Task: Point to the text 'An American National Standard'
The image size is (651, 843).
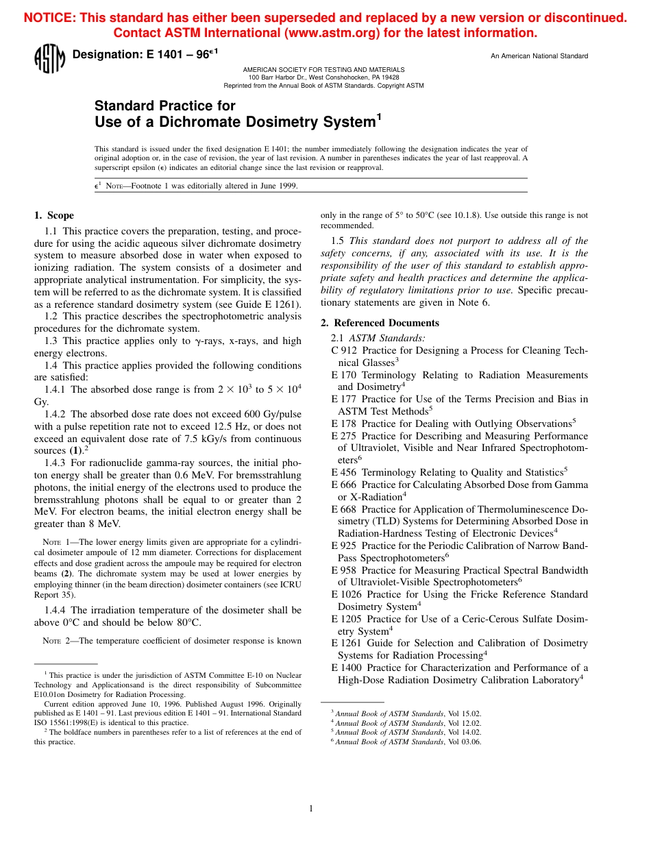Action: pyautogui.click(x=539, y=56)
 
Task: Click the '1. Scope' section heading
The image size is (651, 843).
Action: pyautogui.click(x=54, y=215)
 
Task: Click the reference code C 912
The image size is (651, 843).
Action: pyautogui.click(x=343, y=351)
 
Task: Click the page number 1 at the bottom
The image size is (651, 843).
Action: pyautogui.click(x=310, y=809)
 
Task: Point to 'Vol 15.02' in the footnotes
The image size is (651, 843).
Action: pyautogui.click(x=465, y=713)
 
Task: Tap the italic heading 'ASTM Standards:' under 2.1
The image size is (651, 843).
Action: pyautogui.click(x=387, y=338)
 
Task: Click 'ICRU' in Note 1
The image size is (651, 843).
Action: pyautogui.click(x=291, y=585)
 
